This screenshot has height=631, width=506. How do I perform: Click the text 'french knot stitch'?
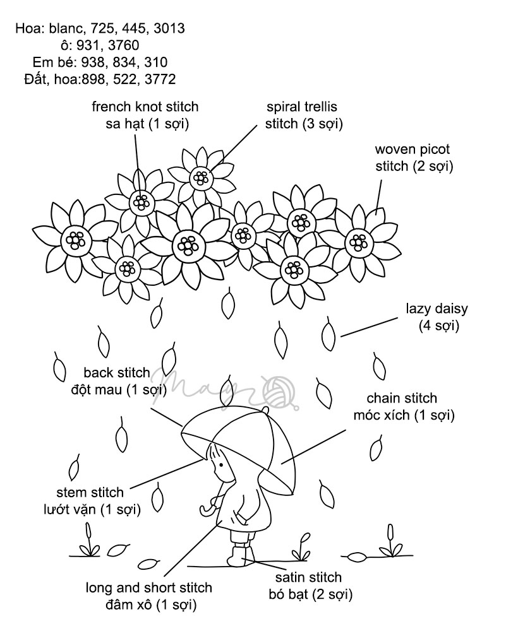tap(145, 106)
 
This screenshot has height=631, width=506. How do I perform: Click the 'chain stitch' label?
tap(402, 399)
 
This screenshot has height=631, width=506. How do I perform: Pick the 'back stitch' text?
tap(116, 372)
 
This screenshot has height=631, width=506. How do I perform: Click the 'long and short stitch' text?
tap(149, 588)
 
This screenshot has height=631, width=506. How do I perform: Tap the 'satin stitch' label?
tap(308, 577)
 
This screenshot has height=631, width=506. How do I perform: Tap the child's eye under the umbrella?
tap(220, 466)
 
